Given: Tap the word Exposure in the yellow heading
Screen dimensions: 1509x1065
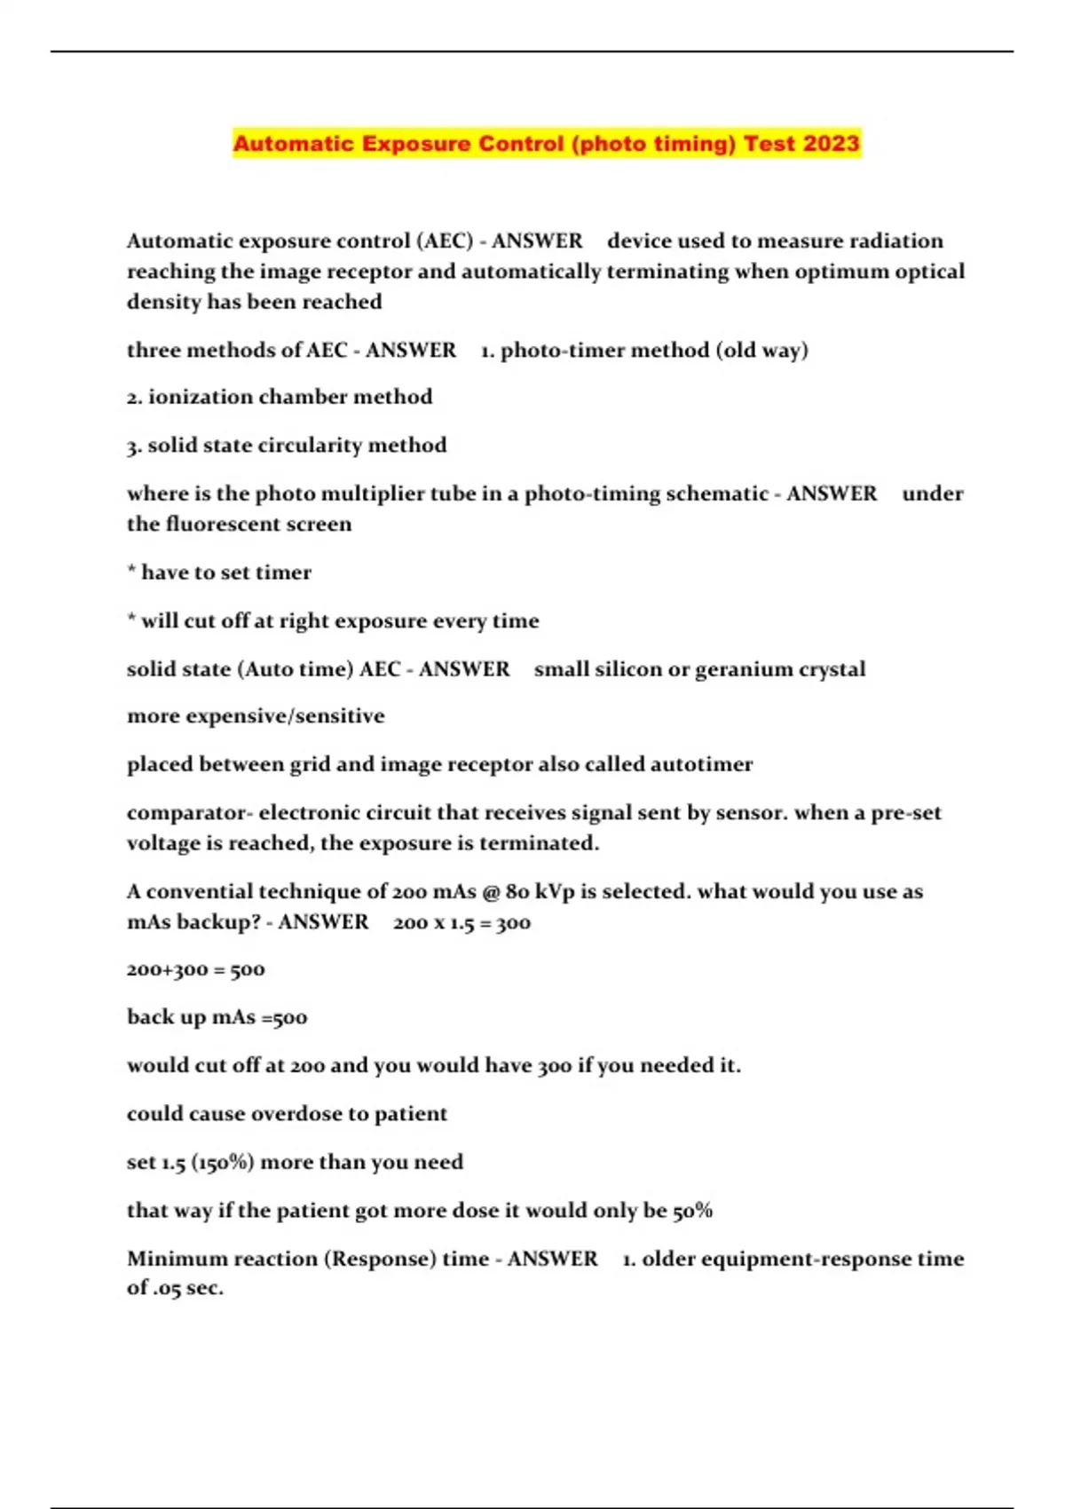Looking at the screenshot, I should [415, 144].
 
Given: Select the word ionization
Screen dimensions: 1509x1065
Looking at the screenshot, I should [201, 397].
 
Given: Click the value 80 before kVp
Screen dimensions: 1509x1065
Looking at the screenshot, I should [517, 891].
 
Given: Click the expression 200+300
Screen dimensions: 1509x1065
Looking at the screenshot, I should [167, 969].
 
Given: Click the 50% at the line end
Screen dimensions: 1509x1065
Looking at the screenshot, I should [692, 1211].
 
